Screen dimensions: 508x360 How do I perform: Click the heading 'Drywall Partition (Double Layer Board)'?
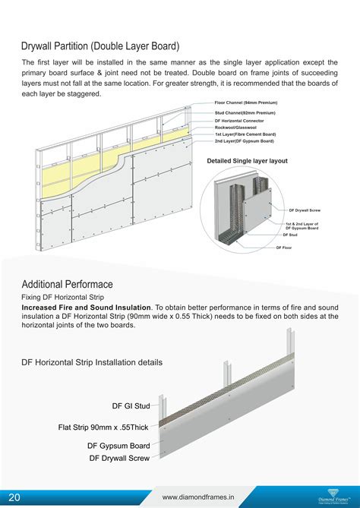100,47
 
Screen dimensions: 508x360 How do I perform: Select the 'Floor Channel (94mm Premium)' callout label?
245,103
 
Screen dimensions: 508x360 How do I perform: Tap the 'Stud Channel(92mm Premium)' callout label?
245,112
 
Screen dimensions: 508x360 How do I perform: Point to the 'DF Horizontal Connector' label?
241,120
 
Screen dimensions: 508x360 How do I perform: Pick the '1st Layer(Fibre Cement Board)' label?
245,134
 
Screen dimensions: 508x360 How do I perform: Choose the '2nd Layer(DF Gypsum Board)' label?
244,140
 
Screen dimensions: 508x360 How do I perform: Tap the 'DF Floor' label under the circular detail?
284,248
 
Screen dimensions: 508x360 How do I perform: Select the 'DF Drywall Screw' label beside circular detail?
306,210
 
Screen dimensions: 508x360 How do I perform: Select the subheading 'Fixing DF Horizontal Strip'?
68,297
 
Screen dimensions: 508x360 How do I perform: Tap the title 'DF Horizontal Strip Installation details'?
92,363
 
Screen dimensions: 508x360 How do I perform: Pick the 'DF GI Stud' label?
131,406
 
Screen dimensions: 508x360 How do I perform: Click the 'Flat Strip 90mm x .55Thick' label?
103,427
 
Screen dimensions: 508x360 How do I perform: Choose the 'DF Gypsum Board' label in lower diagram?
118,446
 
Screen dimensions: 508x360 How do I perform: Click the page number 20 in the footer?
14,497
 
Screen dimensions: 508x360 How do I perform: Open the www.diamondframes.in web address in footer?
197,497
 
